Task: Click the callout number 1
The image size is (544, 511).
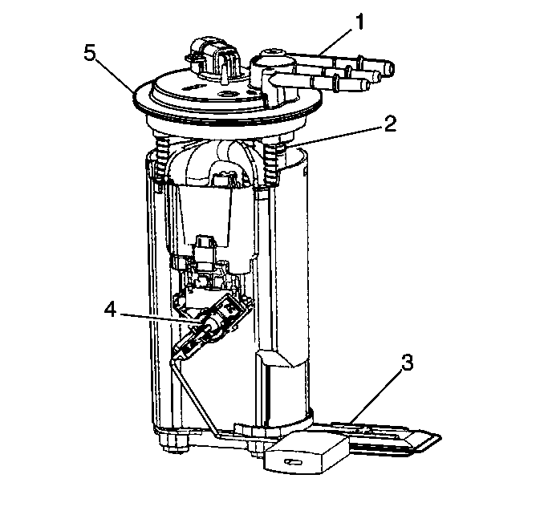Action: (x=359, y=22)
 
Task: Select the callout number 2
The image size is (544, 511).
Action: (x=390, y=124)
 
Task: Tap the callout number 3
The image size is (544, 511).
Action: (x=408, y=362)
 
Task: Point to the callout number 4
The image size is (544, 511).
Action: (x=111, y=309)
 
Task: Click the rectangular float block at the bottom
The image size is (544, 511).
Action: (x=307, y=451)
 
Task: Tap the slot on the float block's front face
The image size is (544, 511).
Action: (x=293, y=462)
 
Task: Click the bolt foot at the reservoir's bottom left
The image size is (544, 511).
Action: (x=174, y=441)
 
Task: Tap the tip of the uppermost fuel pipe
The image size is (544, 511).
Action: (x=390, y=68)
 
